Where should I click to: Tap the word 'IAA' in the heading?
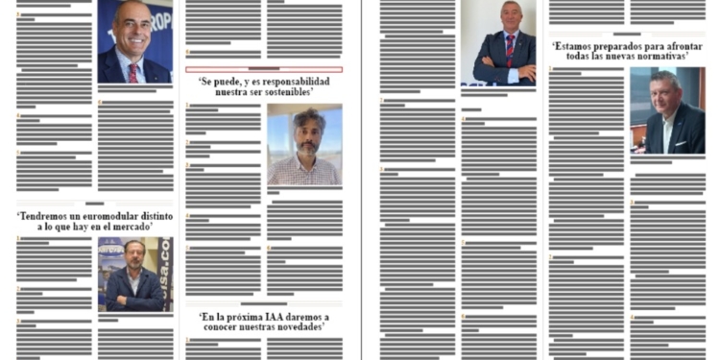click(283, 316)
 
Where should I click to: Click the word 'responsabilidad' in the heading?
click(290, 81)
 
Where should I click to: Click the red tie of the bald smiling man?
click(132, 72)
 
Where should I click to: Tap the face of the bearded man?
click(302, 131)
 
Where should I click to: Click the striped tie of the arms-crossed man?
click(510, 49)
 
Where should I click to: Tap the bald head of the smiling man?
click(132, 12)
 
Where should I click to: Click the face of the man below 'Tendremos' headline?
click(133, 256)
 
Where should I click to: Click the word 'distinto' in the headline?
click(153, 218)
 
